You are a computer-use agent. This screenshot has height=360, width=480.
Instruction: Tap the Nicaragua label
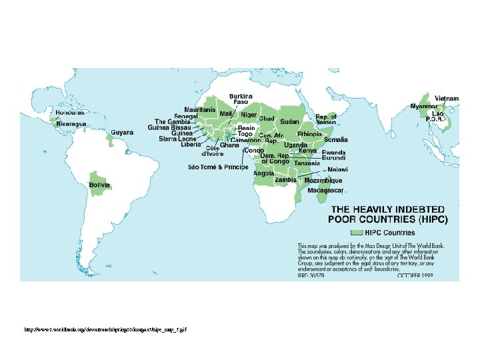(x=70, y=124)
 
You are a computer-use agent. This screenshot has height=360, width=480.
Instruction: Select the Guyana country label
(x=122, y=132)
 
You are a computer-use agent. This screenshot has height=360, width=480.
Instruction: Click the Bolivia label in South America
(x=99, y=185)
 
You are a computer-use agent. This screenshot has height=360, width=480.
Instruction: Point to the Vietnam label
(x=447, y=98)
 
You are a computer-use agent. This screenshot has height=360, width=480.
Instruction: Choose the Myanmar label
(x=423, y=106)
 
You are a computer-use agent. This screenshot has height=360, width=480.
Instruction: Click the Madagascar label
(x=325, y=190)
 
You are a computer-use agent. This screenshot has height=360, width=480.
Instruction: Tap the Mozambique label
(x=323, y=181)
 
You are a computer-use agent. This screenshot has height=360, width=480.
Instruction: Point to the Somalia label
(x=335, y=140)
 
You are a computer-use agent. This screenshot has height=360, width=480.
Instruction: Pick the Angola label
(x=263, y=173)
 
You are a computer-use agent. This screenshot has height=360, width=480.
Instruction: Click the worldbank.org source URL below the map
(x=101, y=330)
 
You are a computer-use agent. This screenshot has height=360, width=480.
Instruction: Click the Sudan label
(x=289, y=122)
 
